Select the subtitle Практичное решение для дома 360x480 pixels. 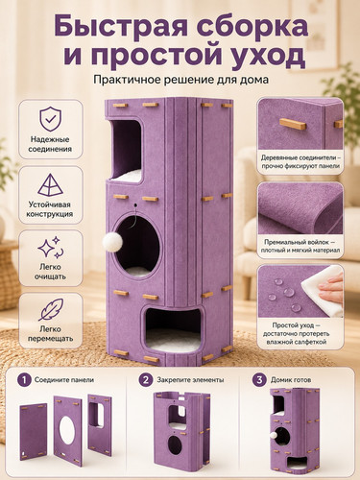[x=180, y=80]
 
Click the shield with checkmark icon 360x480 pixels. [x=50, y=119]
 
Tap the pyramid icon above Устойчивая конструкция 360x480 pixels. [x=50, y=185]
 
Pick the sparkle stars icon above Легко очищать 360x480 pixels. [x=51, y=248]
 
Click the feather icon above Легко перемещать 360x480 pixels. [x=51, y=309]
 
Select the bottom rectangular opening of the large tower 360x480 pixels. [x=173, y=329]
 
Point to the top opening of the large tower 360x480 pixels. [x=127, y=151]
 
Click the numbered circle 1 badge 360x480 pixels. [x=24, y=380]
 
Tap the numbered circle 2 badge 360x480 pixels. [x=146, y=380]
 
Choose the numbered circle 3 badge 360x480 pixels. [x=259, y=380]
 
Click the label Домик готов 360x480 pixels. [x=291, y=380]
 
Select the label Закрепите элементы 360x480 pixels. [x=190, y=380]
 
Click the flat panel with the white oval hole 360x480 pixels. [x=67, y=430]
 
